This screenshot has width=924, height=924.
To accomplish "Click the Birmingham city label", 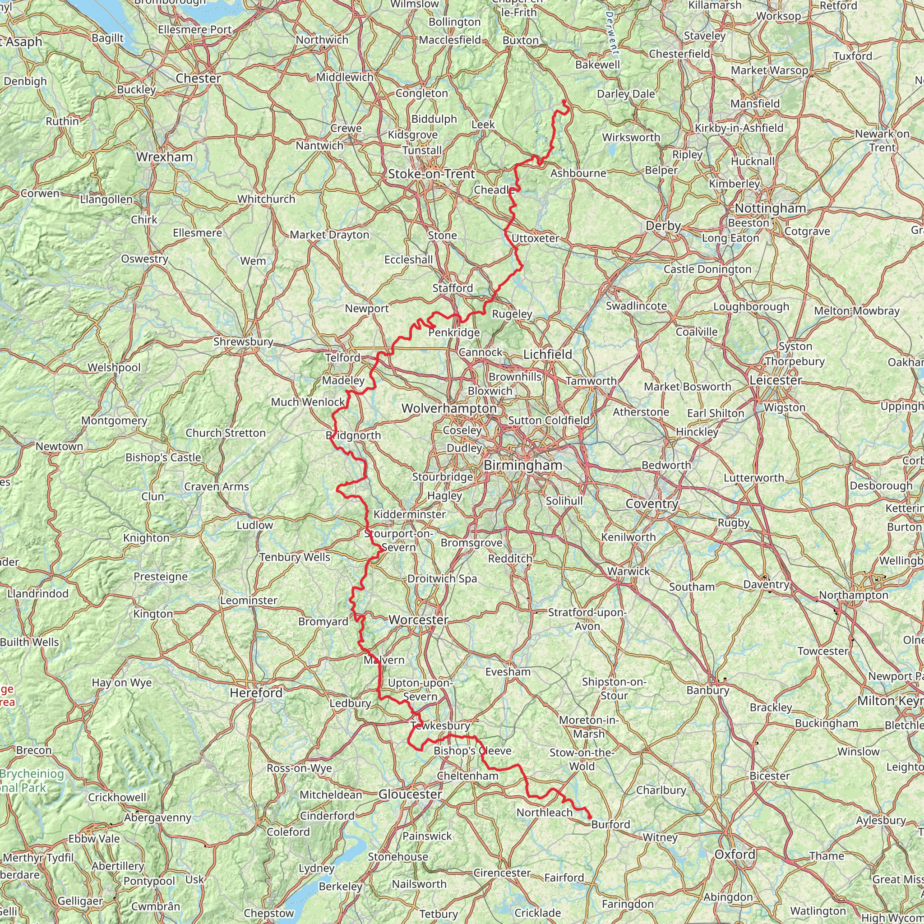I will pyautogui.click(x=523, y=465).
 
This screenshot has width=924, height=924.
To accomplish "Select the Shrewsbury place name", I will pyautogui.click(x=243, y=342).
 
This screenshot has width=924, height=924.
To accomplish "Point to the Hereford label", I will pyautogui.click(x=256, y=693).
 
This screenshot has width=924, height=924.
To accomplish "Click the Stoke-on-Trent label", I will pyautogui.click(x=431, y=174).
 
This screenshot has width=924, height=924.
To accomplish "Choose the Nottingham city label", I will pyautogui.click(x=770, y=208).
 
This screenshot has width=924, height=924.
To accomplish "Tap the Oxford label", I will pyautogui.click(x=735, y=854).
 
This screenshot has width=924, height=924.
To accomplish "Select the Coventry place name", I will pyautogui.click(x=652, y=504).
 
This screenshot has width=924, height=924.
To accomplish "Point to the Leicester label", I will pyautogui.click(x=775, y=380).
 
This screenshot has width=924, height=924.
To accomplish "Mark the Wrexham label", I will pyautogui.click(x=164, y=157).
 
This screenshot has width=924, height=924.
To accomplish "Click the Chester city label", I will pyautogui.click(x=198, y=79).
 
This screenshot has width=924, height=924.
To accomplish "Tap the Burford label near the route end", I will pyautogui.click(x=610, y=825).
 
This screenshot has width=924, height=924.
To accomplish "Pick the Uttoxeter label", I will pyautogui.click(x=535, y=238).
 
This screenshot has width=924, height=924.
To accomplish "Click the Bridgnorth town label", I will pyautogui.click(x=353, y=436).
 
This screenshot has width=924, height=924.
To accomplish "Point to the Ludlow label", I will pyautogui.click(x=254, y=525).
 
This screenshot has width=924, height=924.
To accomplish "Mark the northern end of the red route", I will pyautogui.click(x=564, y=102).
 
